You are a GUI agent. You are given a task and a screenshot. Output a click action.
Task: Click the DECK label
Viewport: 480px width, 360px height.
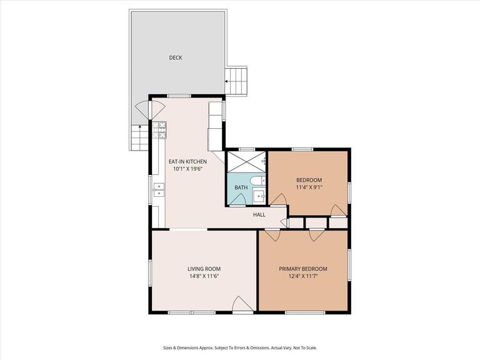[176, 58]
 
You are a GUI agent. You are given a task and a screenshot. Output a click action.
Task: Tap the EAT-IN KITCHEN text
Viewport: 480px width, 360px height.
[187, 161]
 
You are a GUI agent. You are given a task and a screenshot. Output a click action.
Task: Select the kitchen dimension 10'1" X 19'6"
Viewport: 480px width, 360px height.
[187, 169]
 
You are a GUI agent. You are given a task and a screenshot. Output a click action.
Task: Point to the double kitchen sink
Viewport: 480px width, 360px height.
[159, 189]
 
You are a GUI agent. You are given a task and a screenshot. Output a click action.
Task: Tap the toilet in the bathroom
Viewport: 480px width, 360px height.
[258, 181]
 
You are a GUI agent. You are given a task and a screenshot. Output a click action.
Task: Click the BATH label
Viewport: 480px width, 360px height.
[241, 187]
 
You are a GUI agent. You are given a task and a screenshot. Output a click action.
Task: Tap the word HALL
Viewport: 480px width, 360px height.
[259, 214]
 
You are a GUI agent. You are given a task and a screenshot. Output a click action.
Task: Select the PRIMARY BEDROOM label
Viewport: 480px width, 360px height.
[303, 269]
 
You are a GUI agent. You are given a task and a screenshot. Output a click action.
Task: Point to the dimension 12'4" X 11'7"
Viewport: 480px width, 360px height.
[303, 276]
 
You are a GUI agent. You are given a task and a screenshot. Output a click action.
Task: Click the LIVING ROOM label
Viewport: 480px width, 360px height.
[204, 269]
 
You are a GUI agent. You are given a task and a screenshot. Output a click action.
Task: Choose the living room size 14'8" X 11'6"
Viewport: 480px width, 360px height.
[204, 276]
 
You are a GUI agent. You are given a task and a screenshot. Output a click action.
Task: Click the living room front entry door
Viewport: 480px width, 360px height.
[241, 304]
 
